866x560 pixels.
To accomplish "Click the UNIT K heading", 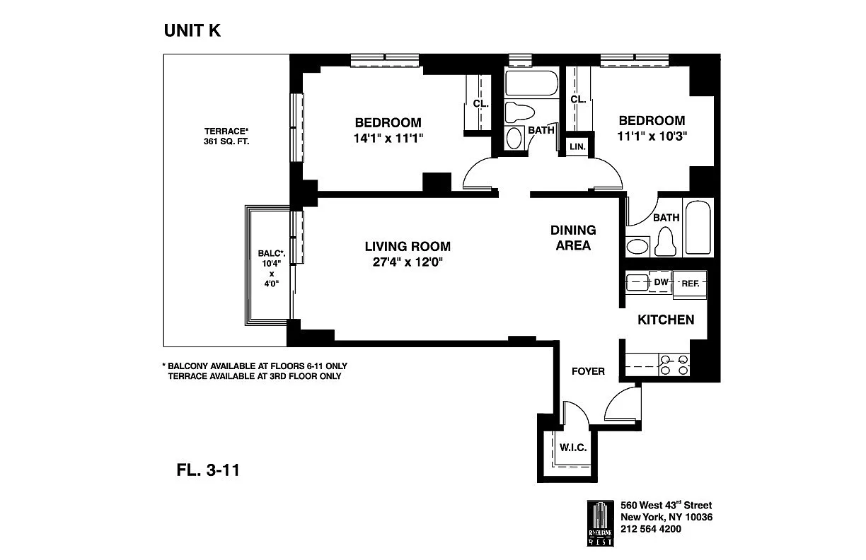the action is tap(192, 30).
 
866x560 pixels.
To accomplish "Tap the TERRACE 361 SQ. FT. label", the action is tap(226, 136).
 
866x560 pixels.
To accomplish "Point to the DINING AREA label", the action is tap(573, 238).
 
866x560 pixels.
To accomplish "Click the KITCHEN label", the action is tap(666, 320).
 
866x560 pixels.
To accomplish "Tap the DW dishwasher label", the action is tap(661, 282).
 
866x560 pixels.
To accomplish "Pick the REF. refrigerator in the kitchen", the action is tap(690, 284).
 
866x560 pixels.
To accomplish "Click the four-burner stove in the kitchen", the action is tap(674, 365).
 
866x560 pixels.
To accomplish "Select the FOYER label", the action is tap(588, 371).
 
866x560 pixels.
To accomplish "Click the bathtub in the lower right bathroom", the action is tap(698, 226).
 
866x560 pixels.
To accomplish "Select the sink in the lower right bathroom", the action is tap(638, 246).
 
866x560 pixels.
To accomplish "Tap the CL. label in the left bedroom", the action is tap(481, 103).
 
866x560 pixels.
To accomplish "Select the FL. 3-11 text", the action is tap(207, 469).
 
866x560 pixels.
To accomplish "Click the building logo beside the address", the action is tap(600, 523).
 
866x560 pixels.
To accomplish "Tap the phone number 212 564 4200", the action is tap(651, 528).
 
